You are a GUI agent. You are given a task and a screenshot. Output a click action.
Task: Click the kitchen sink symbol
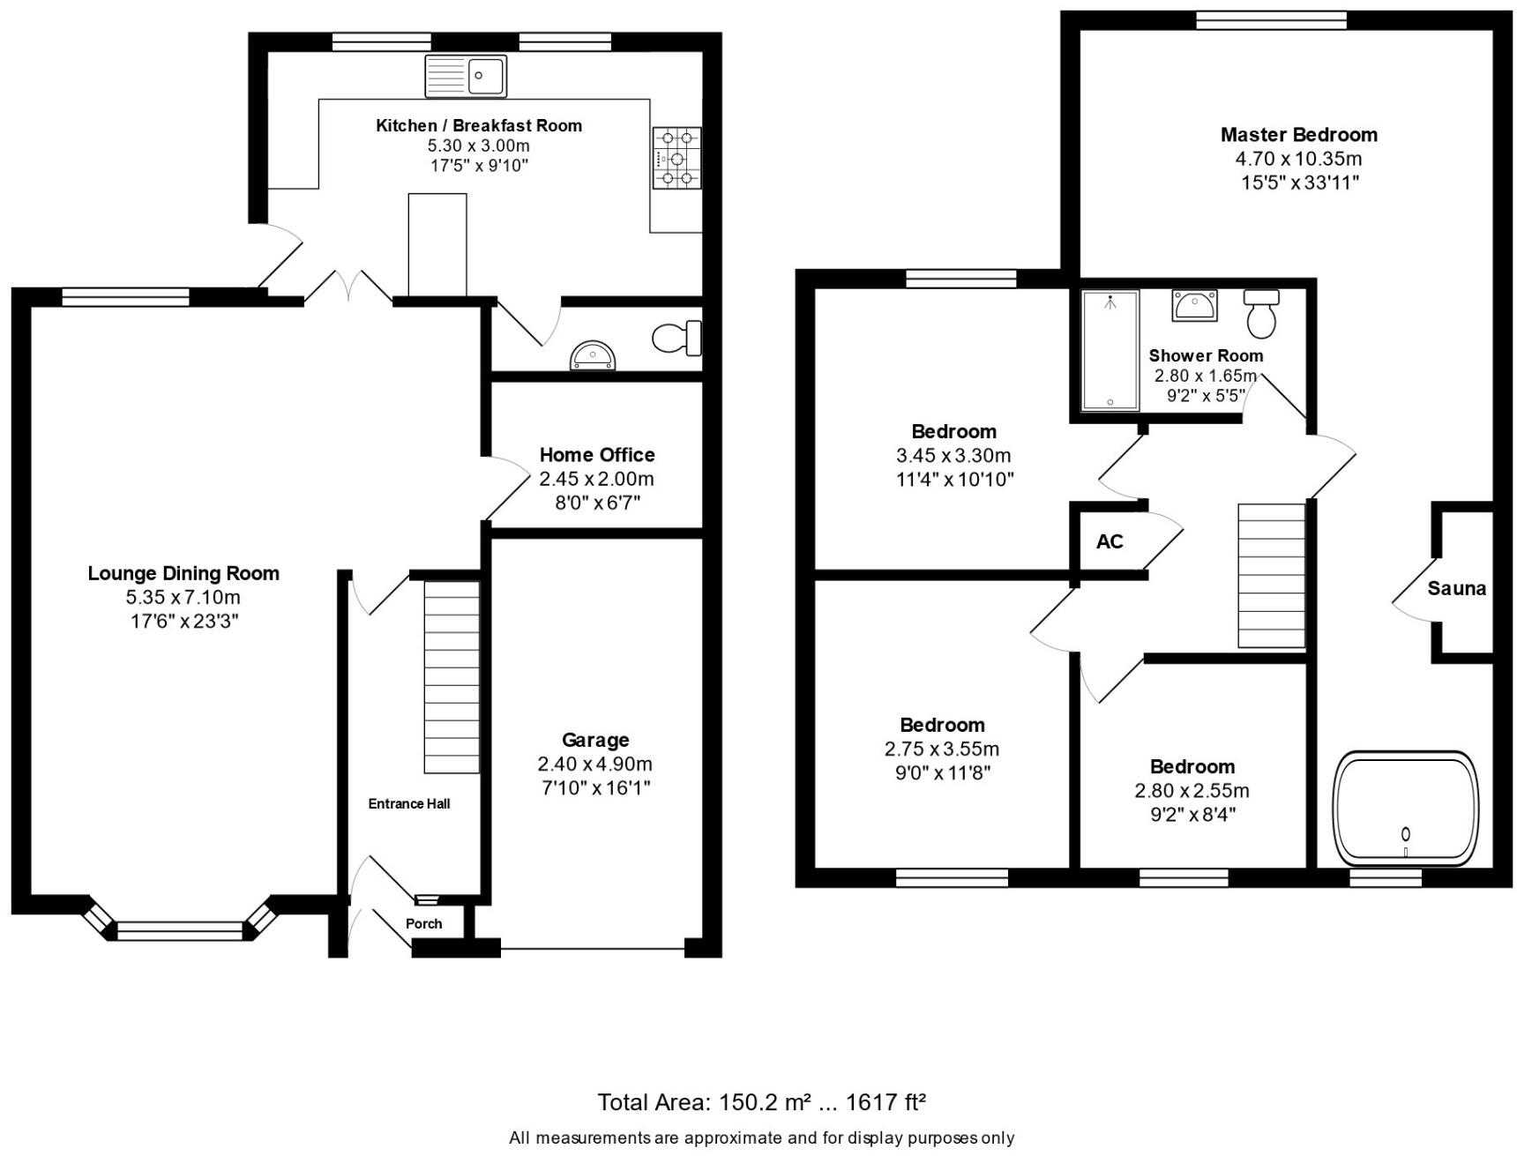466,76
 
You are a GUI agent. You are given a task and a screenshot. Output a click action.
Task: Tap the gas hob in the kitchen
676,159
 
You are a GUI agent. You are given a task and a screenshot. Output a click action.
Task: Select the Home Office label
597,455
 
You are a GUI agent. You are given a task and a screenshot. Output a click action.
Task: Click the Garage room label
595,740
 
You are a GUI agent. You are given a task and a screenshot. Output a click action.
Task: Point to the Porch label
423,923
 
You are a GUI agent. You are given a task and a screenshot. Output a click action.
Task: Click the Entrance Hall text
409,803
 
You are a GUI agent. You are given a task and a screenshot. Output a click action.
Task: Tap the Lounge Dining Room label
183,573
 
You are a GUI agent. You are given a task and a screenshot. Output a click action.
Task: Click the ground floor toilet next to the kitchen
676,338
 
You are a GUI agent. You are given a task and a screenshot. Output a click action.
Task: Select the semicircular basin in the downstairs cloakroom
593,356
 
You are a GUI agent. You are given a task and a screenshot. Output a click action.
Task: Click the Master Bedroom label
1298,135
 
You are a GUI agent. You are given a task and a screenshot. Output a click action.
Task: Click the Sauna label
1456,588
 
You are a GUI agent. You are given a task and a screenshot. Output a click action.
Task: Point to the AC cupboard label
1110,541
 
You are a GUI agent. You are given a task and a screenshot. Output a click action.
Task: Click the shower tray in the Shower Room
1110,350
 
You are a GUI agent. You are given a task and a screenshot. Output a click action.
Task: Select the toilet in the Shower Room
1262,313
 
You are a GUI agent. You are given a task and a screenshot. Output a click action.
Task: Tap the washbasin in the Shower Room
1194,305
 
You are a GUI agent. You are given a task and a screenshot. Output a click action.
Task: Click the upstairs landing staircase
1271,575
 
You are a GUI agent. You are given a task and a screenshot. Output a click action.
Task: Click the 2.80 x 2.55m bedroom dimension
1192,791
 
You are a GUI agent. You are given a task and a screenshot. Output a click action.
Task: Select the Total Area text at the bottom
761,1102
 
